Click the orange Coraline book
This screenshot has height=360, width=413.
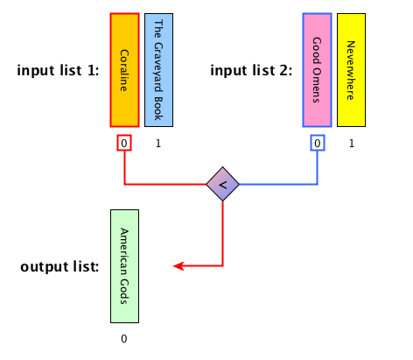(x=124, y=70)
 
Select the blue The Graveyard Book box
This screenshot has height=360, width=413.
(x=158, y=70)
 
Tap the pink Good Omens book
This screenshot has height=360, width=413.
(x=317, y=70)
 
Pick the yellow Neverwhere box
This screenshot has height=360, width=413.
(x=351, y=70)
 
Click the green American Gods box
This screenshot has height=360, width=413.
(x=124, y=266)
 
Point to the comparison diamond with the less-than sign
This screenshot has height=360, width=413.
(x=222, y=184)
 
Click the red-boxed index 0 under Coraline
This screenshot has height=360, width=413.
(x=124, y=143)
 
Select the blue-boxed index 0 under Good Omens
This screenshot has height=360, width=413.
(x=318, y=143)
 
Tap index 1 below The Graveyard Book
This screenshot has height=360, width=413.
(x=158, y=144)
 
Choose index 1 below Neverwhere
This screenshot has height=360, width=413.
(x=352, y=144)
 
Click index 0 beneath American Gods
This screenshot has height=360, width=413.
(x=124, y=339)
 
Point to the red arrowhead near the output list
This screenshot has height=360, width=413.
(x=178, y=266)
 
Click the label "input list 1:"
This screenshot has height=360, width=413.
(x=58, y=70)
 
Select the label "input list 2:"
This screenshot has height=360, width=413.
(x=251, y=70)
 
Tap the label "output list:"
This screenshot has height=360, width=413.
(x=59, y=266)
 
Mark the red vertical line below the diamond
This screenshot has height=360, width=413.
(x=223, y=234)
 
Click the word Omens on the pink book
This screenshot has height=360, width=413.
(x=317, y=86)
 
